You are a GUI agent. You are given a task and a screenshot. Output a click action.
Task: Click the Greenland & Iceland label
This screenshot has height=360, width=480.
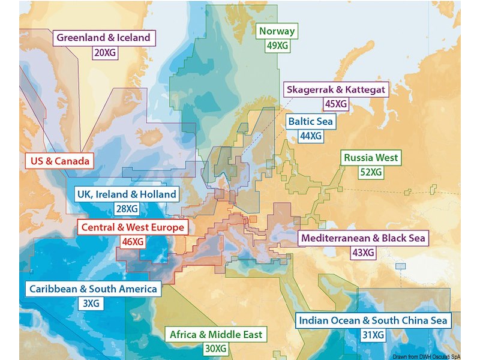[x=104, y=38]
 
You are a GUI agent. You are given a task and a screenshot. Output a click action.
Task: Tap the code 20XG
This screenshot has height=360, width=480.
[x=105, y=52]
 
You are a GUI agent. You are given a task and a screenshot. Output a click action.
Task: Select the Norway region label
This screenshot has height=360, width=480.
[x=277, y=31]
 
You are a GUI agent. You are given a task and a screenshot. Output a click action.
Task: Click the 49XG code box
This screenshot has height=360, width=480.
[x=277, y=45]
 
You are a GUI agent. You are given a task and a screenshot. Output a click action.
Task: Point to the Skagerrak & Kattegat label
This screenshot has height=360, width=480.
[x=336, y=89]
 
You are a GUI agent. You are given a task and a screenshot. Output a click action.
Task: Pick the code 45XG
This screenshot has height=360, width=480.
[x=336, y=104]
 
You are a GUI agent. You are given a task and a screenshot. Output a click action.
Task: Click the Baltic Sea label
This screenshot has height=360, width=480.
[x=310, y=122]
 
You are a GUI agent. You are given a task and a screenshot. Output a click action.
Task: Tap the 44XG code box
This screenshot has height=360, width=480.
[x=311, y=136]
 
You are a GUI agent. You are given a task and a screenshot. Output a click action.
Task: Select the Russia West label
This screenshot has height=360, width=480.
[x=370, y=158]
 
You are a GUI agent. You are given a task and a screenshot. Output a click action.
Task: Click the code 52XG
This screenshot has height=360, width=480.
[x=371, y=172]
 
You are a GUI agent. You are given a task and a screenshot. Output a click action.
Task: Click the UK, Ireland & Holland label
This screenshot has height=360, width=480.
[x=127, y=194]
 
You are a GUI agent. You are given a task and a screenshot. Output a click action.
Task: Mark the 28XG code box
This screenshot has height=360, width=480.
[x=126, y=209]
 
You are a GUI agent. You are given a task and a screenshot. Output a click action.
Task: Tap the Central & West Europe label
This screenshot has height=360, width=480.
[x=133, y=227]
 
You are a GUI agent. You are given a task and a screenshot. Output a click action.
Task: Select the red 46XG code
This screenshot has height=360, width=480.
[x=133, y=242]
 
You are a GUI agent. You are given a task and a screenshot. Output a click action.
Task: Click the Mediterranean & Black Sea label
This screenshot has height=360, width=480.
[x=363, y=238]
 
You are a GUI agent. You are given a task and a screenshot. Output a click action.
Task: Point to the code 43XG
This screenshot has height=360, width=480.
[x=363, y=253]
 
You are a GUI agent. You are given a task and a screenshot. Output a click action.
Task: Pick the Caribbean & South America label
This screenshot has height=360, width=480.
[x=93, y=289]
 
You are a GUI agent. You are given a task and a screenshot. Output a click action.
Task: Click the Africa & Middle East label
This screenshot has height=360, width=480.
[x=216, y=334]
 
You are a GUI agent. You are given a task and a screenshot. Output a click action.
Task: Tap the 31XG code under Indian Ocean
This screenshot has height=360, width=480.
[x=373, y=335]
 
